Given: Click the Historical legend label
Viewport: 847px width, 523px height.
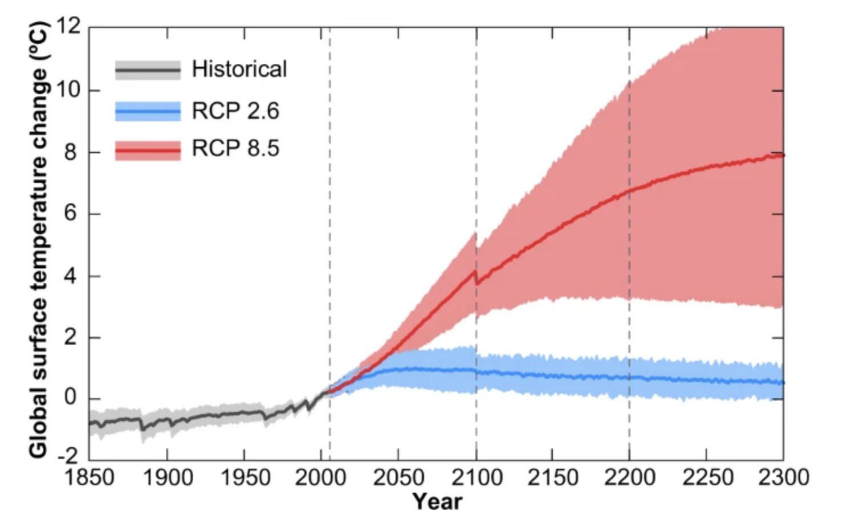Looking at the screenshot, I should [x=239, y=70].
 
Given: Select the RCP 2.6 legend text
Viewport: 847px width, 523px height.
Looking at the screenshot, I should [x=235, y=111].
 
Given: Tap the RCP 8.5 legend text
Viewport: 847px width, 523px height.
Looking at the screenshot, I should [x=235, y=149].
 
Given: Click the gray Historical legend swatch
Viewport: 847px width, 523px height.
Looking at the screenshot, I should [x=148, y=70].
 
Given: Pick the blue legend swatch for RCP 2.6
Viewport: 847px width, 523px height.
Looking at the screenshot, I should [x=148, y=111].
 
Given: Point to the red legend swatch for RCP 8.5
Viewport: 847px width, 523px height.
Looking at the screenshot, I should [x=148, y=150].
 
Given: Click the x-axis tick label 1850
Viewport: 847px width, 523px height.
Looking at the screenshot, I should [x=89, y=477].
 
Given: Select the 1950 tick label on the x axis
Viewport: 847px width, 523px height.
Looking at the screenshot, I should [x=245, y=477].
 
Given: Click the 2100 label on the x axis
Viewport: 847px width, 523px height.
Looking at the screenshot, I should [x=477, y=477].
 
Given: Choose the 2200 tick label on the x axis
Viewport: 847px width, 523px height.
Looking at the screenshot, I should [x=629, y=477].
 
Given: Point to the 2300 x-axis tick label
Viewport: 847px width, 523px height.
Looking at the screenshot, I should [x=783, y=477].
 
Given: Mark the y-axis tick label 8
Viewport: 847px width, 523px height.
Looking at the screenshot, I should [x=70, y=153].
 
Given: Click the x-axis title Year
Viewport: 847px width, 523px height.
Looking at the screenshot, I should [x=437, y=501].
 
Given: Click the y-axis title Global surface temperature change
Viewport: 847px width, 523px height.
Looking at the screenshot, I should [x=38, y=239].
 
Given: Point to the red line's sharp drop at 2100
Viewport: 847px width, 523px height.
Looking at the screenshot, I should [x=477, y=277].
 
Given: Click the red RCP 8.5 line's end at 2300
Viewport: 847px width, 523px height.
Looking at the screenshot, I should [x=783, y=155].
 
